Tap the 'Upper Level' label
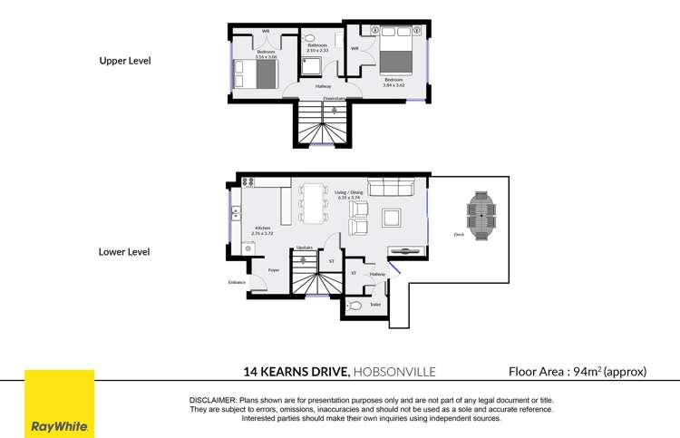click(124, 61)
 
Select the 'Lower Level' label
click(124, 251)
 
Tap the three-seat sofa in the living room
click(390, 189)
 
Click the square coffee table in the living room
click(393, 218)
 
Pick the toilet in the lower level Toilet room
click(355, 307)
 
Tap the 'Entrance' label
click(237, 282)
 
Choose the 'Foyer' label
click(273, 269)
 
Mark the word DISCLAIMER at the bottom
click(212, 400)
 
